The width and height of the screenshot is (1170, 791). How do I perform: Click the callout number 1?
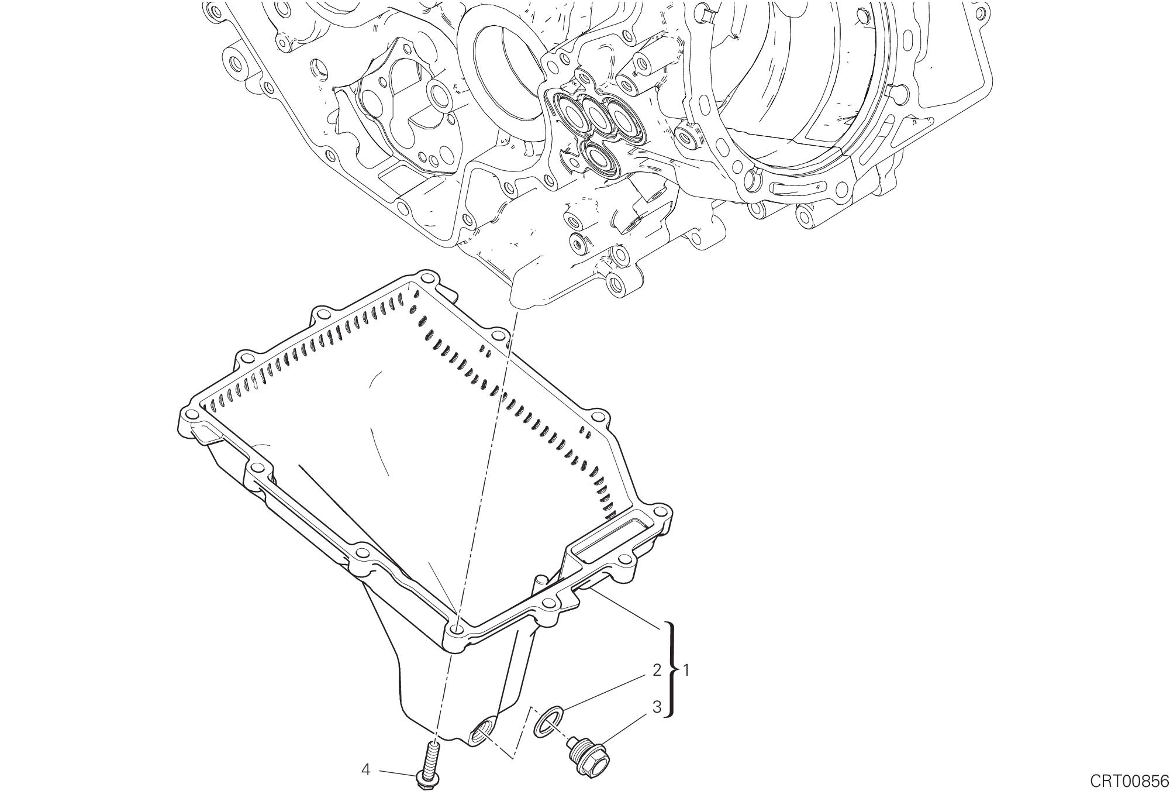[686, 670]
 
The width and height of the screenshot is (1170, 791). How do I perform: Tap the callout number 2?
[656, 670]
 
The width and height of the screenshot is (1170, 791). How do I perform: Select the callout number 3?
[656, 707]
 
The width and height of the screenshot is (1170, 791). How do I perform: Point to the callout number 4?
[365, 770]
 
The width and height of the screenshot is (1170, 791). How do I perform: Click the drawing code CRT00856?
[1128, 780]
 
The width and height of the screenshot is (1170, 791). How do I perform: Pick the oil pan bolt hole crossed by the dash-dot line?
[458, 630]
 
